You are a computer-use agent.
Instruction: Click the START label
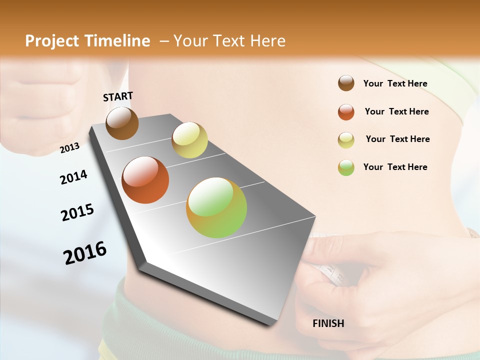[x=118, y=96]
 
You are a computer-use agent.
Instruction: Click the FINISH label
[x=328, y=323]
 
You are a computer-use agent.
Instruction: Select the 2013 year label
[x=69, y=147]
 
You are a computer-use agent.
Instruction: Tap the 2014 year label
[x=73, y=177]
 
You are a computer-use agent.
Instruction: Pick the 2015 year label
[x=77, y=212]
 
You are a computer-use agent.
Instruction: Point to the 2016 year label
[x=85, y=252]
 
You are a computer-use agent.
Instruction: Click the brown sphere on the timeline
[x=122, y=123]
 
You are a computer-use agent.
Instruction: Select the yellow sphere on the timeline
[x=189, y=140]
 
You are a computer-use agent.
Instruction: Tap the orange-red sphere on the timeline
[x=145, y=180]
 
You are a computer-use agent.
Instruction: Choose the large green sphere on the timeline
[x=216, y=207]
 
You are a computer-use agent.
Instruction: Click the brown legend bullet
[x=346, y=83]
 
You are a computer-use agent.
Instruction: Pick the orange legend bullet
[x=346, y=112]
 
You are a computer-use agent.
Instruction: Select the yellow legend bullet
[x=346, y=140]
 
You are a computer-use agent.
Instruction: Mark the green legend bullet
[x=346, y=167]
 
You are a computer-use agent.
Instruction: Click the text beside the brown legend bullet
[x=395, y=83]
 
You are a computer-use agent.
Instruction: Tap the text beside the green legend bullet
[x=395, y=167]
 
